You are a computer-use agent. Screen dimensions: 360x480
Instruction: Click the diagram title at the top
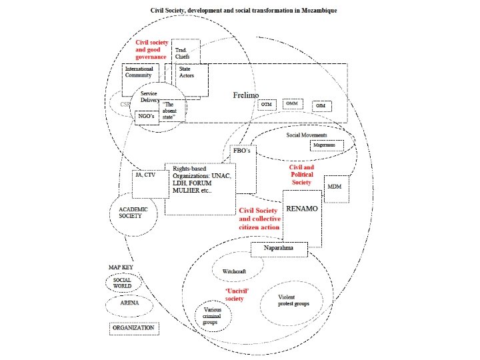(243, 11)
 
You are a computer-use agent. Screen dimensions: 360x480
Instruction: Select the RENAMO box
(301, 212)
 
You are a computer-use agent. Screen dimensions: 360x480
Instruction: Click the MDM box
(334, 187)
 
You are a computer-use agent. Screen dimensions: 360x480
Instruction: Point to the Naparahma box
(279, 249)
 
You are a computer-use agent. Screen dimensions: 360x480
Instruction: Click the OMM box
(292, 105)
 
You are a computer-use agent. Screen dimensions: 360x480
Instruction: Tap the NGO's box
(145, 116)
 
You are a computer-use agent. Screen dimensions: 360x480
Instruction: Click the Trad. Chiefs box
(185, 52)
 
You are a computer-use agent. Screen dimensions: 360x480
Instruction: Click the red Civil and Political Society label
(301, 174)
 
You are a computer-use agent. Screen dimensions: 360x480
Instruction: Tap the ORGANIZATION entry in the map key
(133, 328)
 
